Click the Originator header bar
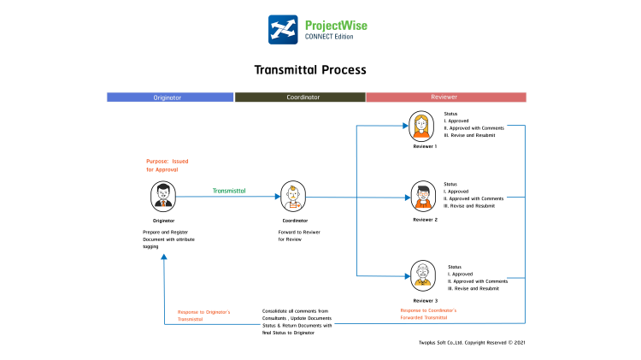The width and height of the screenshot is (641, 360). pos(169,97)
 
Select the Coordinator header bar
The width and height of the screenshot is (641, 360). pos(300,97)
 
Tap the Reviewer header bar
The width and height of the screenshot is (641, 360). pos(445,97)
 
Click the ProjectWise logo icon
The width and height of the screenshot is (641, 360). pos(284,29)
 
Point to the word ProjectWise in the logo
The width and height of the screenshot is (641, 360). pos(335,25)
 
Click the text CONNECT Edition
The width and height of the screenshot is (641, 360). pos(329,37)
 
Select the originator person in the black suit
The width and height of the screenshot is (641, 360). pos(163,196)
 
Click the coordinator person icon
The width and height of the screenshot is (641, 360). pos(293,198)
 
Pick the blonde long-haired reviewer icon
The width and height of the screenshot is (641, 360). pos(421,127)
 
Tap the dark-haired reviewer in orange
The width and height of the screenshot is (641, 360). pos(423,198)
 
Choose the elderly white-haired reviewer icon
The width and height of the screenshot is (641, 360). pos(423,275)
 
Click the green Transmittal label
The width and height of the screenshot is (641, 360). pos(229,191)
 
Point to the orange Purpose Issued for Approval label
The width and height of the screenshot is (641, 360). pos(168,165)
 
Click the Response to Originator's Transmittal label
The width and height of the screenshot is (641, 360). pos(203,315)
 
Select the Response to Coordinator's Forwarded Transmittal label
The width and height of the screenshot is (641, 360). pos(427,314)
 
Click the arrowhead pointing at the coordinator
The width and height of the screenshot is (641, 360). pos(278,197)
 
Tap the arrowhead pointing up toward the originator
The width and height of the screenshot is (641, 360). pos(164,256)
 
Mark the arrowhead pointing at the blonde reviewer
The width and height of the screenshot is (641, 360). pos(406,126)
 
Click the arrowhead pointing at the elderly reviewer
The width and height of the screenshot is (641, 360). pos(407,276)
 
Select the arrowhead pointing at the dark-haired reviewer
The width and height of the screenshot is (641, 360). pos(408,198)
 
